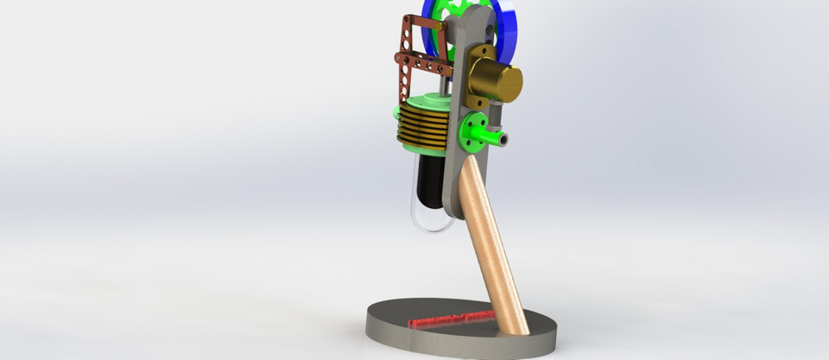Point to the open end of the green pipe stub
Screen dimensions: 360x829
[503, 138]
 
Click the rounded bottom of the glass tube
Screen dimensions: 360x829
[433, 225]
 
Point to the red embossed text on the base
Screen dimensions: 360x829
[449, 319]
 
